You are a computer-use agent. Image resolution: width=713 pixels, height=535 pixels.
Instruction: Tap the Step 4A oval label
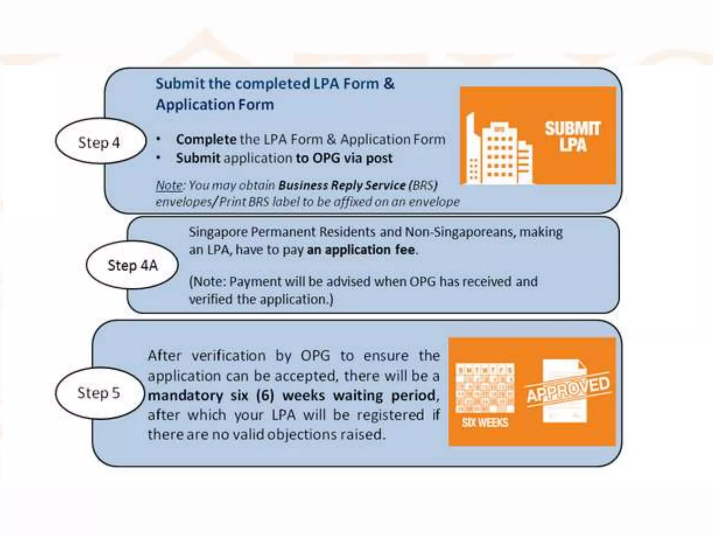132,265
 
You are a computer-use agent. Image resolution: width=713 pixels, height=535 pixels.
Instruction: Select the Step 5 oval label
99,393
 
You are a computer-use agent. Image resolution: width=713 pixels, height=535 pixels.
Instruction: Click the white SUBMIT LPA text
573,137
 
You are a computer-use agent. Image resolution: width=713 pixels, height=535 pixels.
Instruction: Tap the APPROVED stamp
568,389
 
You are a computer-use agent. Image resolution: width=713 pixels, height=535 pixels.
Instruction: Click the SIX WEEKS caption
485,422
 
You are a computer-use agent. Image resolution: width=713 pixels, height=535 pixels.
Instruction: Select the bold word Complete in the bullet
206,139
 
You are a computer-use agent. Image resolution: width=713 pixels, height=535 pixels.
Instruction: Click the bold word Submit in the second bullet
198,158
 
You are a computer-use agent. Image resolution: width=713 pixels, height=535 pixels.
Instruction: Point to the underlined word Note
169,185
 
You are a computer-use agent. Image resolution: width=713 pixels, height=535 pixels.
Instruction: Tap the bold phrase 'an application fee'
361,250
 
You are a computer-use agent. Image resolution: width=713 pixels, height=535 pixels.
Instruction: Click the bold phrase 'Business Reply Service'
342,185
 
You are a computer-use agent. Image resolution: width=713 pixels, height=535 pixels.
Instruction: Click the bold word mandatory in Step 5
186,395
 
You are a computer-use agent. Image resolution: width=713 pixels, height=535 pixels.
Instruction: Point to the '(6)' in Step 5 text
265,395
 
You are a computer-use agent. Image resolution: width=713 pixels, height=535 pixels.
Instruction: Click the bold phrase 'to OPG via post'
344,158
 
